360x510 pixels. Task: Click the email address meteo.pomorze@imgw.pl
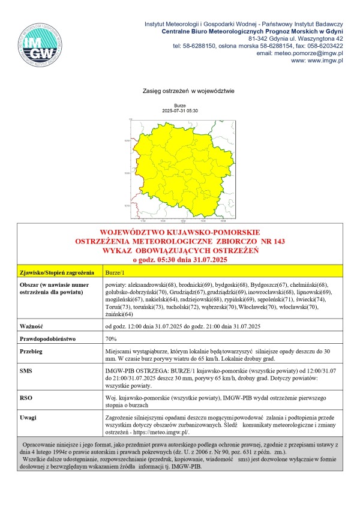pyautogui.click(x=308, y=53)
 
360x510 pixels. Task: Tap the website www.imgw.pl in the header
pyautogui.click(x=321, y=61)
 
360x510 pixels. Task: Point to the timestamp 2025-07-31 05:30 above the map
pyautogui.click(x=180, y=111)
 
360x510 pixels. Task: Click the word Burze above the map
pyautogui.click(x=180, y=106)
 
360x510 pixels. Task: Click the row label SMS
pyautogui.click(x=27, y=373)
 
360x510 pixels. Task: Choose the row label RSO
pyautogui.click(x=26, y=397)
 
